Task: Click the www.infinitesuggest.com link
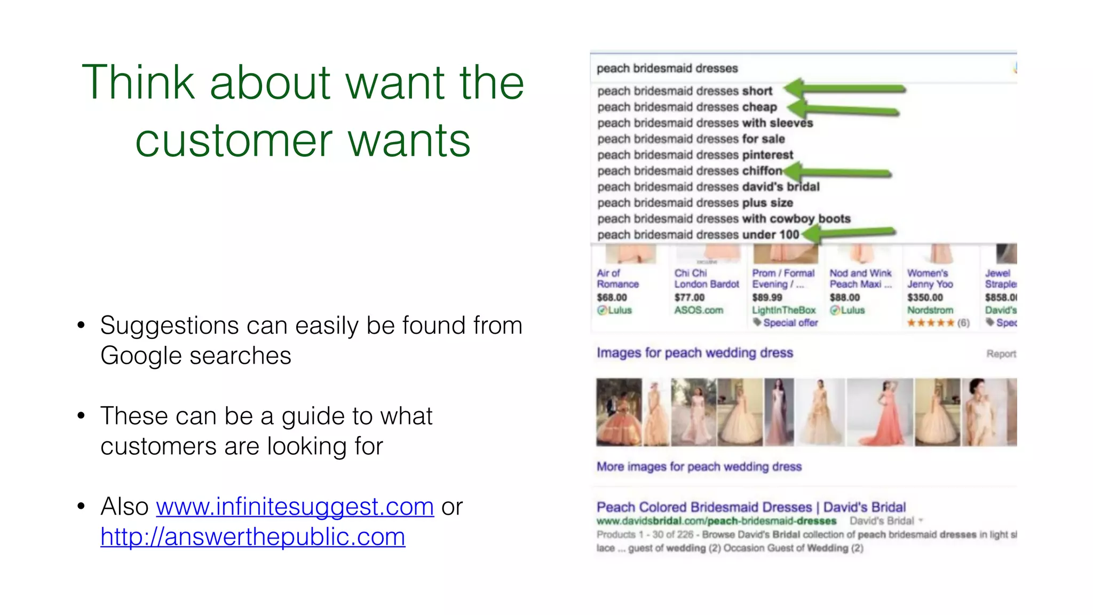pos(295,506)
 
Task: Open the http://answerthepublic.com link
pos(252,537)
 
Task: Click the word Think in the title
pos(138,82)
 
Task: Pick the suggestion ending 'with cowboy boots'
pos(724,219)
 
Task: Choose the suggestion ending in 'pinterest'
pos(695,155)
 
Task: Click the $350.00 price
pos(925,297)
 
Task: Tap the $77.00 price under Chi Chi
pos(689,297)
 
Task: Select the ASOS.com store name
pos(698,310)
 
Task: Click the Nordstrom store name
pos(930,310)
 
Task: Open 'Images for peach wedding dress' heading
pos(694,353)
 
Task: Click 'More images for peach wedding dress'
pos(699,467)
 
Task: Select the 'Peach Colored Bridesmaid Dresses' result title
pos(750,507)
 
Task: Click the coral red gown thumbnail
pos(880,412)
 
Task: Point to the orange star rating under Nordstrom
pos(930,323)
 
